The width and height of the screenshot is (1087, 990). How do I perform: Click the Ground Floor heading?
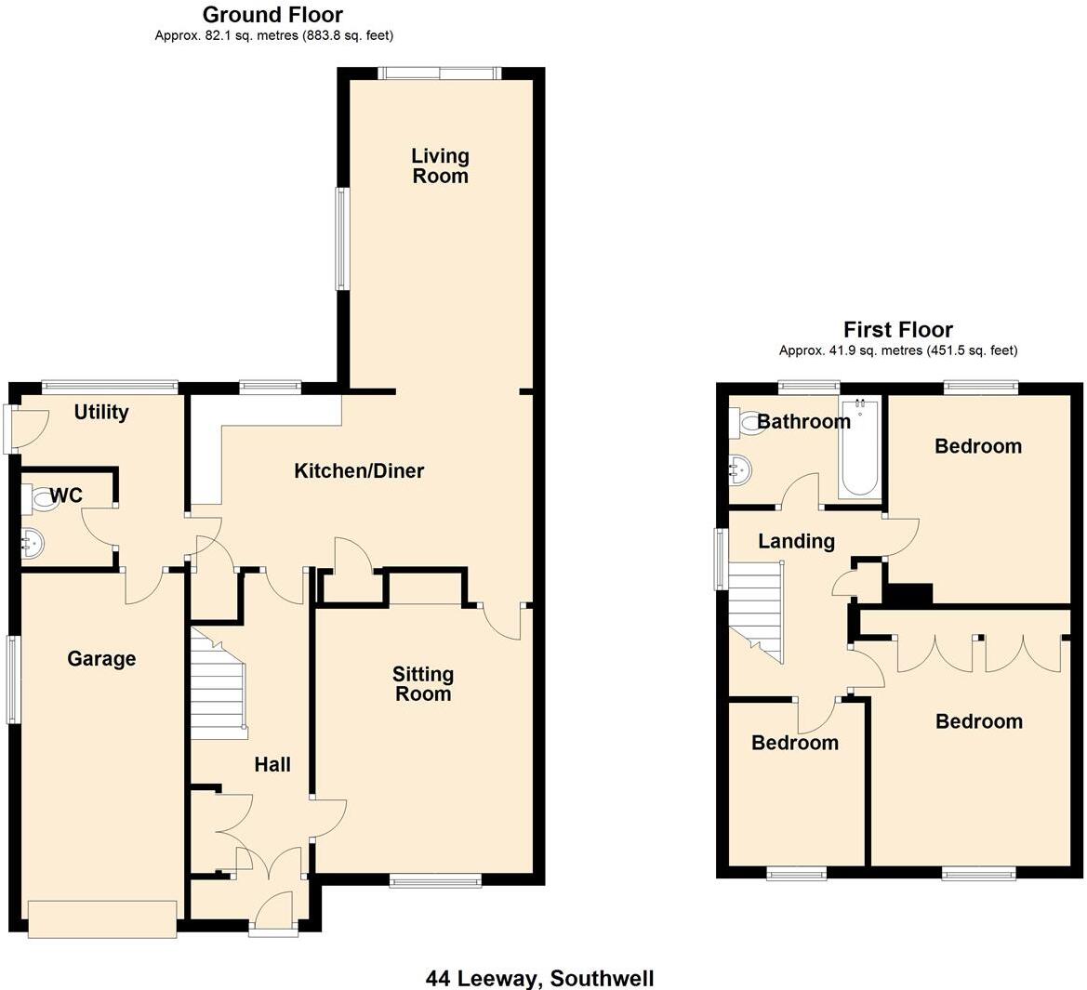(x=272, y=15)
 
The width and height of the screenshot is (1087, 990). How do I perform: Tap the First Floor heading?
(x=897, y=329)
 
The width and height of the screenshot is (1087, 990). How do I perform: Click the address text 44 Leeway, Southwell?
(x=539, y=978)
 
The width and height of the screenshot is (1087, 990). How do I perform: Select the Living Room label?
(x=440, y=165)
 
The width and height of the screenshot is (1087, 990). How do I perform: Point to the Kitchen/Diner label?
(x=359, y=471)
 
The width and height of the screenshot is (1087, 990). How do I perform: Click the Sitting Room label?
(x=423, y=683)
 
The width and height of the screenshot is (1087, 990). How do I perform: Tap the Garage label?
(x=101, y=659)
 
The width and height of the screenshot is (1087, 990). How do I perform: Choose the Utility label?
(x=101, y=412)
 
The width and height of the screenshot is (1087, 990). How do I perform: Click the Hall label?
(x=272, y=764)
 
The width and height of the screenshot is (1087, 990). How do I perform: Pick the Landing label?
(x=796, y=541)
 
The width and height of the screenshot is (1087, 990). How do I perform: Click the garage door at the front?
(x=102, y=918)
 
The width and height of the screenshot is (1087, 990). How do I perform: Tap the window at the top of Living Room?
(x=440, y=73)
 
